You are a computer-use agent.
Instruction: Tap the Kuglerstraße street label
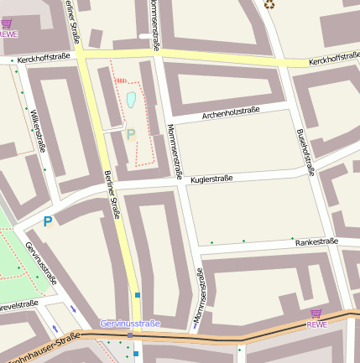pos(211,179)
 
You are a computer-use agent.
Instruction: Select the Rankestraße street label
pos(316,241)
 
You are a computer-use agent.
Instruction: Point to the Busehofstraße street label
pos(305,152)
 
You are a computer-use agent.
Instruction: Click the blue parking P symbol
pos(48,222)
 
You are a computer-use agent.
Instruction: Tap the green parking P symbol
pos(130,133)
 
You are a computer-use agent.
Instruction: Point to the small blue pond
pos(131,101)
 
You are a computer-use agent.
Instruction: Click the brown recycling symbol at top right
pos(269,4)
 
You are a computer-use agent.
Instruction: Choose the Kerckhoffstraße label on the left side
pos(42,60)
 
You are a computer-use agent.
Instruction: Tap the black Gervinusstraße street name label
pos(41,262)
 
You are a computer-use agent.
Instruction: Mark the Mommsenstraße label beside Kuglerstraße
pos(175,151)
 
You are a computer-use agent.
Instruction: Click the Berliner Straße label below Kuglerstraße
pos(112,194)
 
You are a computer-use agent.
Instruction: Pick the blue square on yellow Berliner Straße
pos(138,294)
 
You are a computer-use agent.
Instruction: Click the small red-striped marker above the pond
pos(122,81)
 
